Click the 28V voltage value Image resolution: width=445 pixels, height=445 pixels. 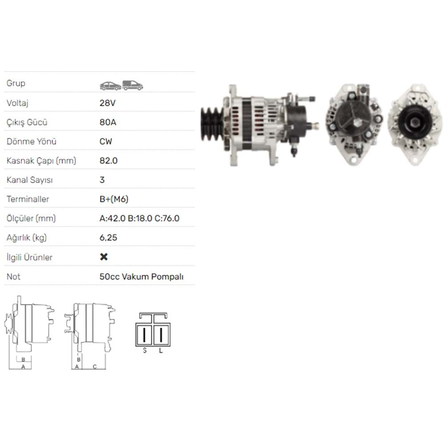(x=107, y=103)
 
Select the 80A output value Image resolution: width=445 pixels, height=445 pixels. (x=108, y=122)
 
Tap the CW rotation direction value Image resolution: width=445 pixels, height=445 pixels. (x=106, y=142)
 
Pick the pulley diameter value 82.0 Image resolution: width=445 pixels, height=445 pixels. (x=109, y=161)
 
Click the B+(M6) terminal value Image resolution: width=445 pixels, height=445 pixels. (x=114, y=199)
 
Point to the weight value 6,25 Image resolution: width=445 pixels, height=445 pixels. (x=108, y=238)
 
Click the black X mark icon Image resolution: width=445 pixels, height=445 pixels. (x=104, y=257)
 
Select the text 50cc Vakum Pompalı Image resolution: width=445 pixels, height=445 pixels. (x=142, y=276)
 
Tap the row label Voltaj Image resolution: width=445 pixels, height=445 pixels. (x=17, y=103)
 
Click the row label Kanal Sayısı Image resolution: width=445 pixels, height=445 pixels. (x=29, y=180)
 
